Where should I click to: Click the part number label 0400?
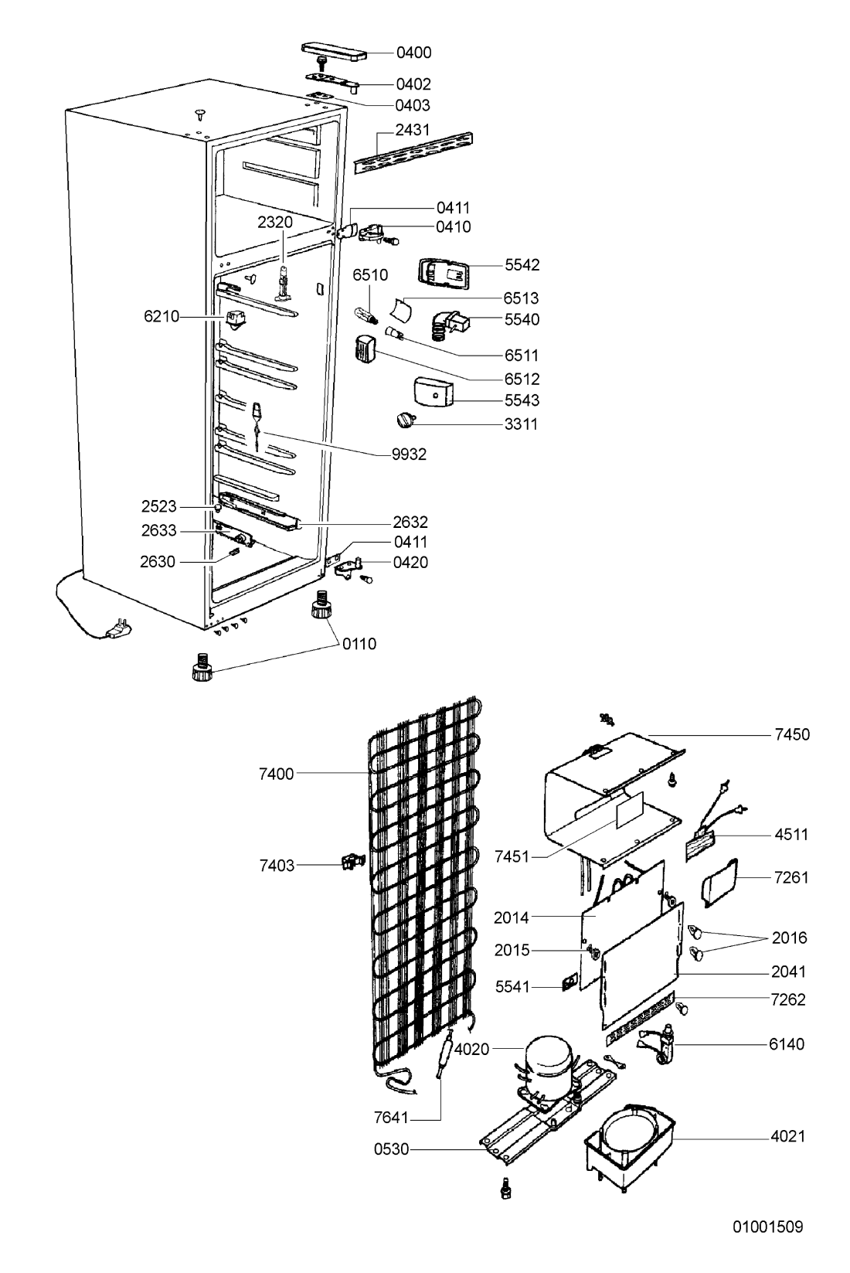click(413, 53)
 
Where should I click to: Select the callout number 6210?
click(161, 315)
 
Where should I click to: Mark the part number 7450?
click(792, 734)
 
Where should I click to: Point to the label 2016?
click(789, 938)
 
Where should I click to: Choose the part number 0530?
click(391, 1149)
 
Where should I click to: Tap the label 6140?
click(787, 1044)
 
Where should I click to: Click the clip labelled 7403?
click(352, 862)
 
